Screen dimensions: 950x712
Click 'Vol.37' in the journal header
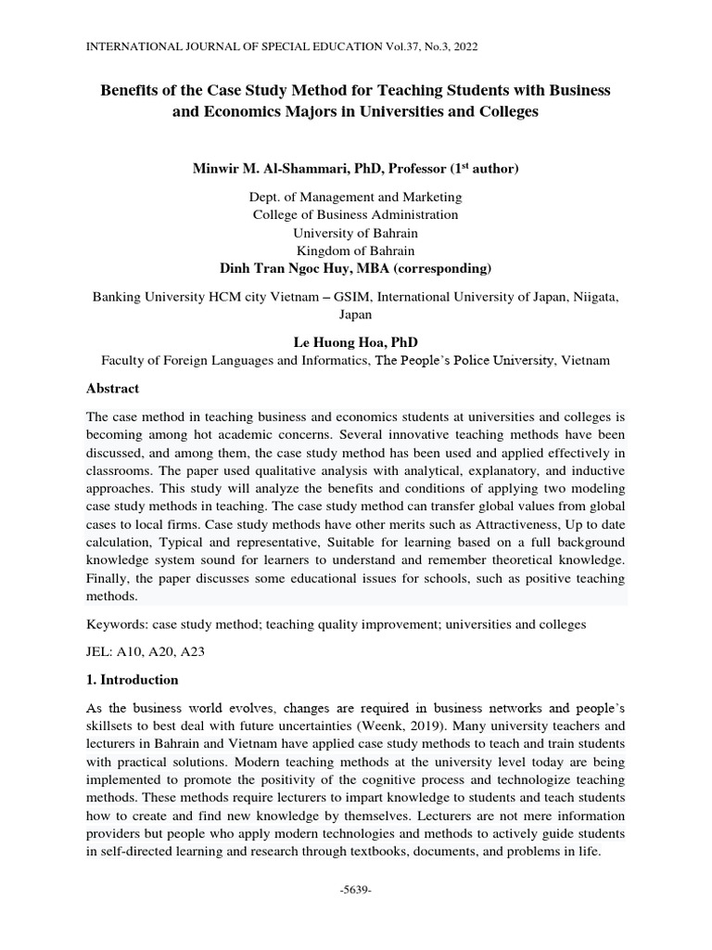pyautogui.click(x=403, y=45)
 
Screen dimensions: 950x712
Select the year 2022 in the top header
pyautogui.click(x=464, y=45)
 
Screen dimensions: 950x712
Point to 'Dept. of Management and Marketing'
pyautogui.click(x=355, y=197)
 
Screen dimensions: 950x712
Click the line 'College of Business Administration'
pyautogui.click(x=355, y=214)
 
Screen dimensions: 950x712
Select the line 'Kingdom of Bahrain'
pyautogui.click(x=355, y=250)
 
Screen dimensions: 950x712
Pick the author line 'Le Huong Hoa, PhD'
pyautogui.click(x=355, y=341)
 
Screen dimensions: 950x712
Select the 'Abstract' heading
pyautogui.click(x=112, y=389)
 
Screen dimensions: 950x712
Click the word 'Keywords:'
pyautogui.click(x=116, y=624)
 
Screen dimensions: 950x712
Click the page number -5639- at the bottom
pyautogui.click(x=355, y=890)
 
